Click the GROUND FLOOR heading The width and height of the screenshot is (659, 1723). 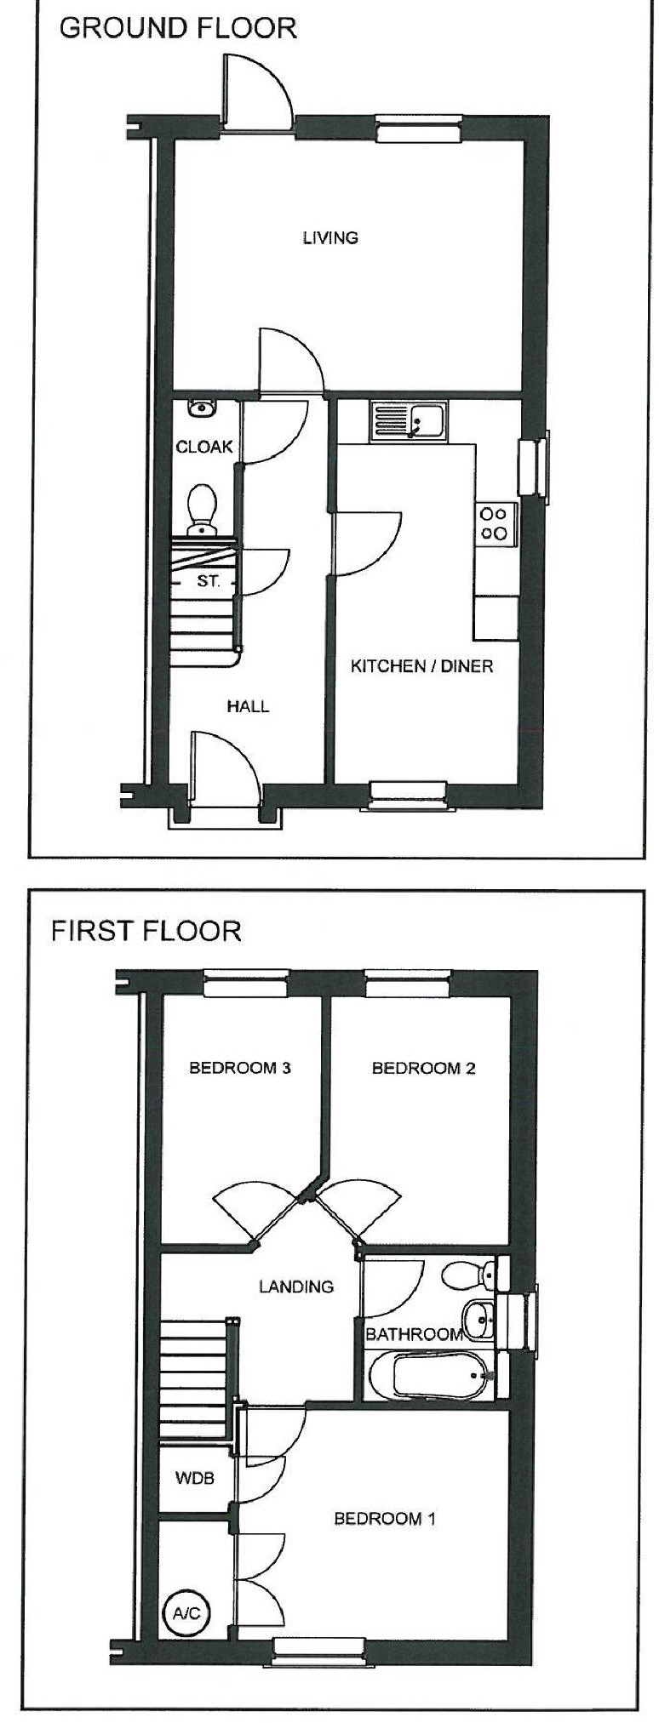coord(178,28)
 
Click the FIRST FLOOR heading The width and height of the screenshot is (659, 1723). coord(146,930)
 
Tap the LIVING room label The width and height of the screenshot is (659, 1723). coord(330,237)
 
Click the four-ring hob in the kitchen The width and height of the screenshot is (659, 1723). coord(495,524)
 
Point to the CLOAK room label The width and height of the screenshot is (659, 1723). coord(203,447)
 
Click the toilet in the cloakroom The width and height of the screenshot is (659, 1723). coord(202,509)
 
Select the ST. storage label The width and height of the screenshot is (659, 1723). coord(208,582)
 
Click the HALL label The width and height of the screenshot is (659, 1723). coord(248,706)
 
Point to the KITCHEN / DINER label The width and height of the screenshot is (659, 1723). coord(421,666)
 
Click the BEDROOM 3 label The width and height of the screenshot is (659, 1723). coord(240,1068)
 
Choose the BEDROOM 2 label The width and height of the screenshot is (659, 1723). coord(423,1068)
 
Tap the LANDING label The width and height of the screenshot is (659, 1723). coord(295,1287)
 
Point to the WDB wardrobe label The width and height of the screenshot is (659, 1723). coord(194,1478)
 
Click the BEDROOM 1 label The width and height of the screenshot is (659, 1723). coord(385,1518)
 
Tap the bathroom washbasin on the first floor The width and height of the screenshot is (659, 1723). coord(479,1321)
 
